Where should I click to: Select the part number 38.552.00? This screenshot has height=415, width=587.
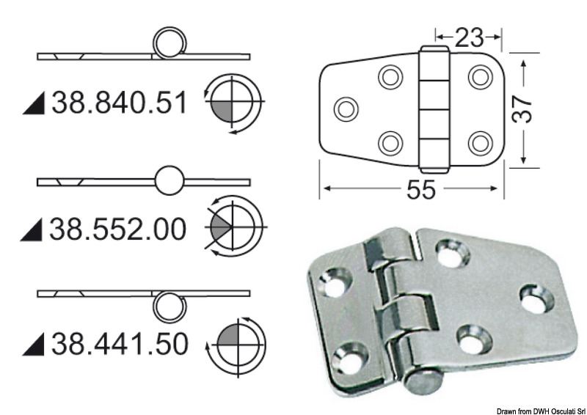click(x=118, y=229)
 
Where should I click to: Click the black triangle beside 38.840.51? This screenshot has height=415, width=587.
click(x=34, y=105)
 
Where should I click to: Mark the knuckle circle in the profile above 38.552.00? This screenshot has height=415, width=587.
click(x=169, y=180)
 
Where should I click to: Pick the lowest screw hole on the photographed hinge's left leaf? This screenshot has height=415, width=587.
click(x=345, y=359)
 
